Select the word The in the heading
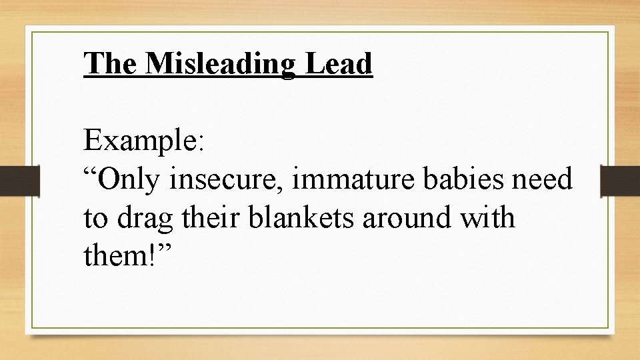pos(109,64)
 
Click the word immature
pos(342,180)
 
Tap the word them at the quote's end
pos(115,255)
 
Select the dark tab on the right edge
pos(620,180)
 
